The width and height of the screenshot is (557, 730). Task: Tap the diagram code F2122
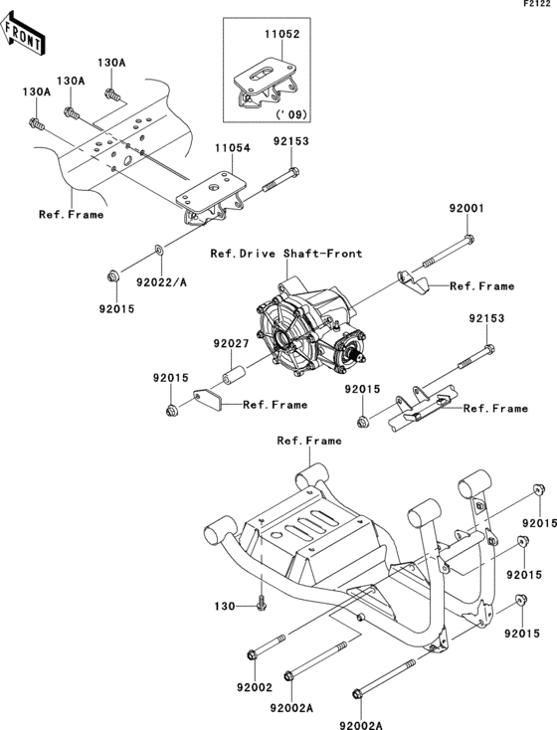[538, 6]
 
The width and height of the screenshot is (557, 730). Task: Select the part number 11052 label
[280, 33]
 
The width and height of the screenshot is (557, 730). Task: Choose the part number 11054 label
[234, 147]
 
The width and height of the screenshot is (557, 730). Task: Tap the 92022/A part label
[161, 283]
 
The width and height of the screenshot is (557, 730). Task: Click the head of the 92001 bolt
[467, 239]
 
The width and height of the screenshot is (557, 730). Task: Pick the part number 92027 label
[228, 344]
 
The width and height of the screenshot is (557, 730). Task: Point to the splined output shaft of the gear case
[353, 349]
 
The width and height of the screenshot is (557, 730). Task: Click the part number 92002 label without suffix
[255, 686]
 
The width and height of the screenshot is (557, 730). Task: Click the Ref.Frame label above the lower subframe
[309, 440]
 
